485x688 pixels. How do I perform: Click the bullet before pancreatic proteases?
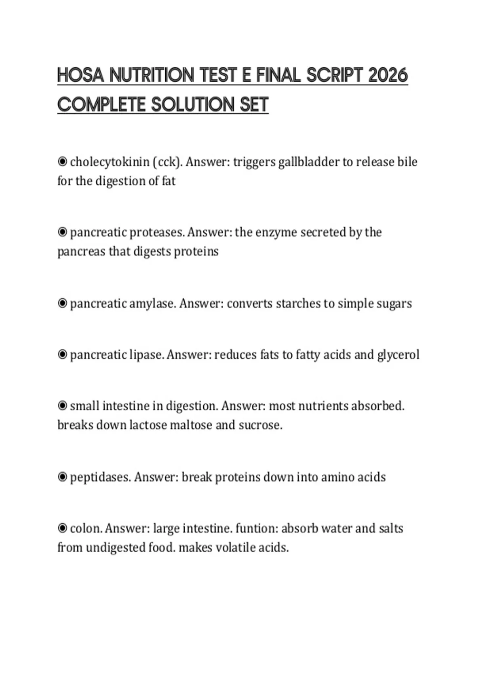click(62, 232)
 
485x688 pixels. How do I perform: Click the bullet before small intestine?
click(62, 406)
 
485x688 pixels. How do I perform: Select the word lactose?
click(148, 425)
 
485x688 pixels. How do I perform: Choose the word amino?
click(337, 477)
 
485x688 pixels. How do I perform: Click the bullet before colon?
click(62, 528)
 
